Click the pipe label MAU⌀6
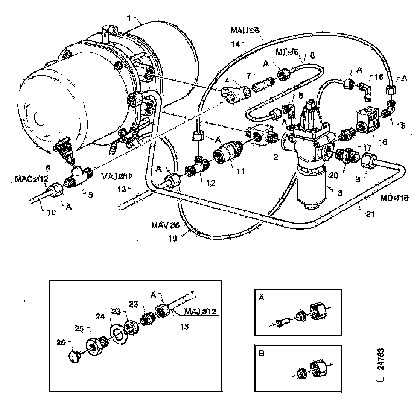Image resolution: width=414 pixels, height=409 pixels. pyautogui.click(x=247, y=30)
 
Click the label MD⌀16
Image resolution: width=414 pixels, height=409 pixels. pyautogui.click(x=394, y=198)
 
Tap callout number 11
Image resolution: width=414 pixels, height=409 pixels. pyautogui.click(x=241, y=171)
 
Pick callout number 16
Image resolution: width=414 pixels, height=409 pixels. pyautogui.click(x=383, y=142)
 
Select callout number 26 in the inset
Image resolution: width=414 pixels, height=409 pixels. pyautogui.click(x=61, y=342)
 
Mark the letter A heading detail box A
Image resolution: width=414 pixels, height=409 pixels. pyautogui.click(x=262, y=298)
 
